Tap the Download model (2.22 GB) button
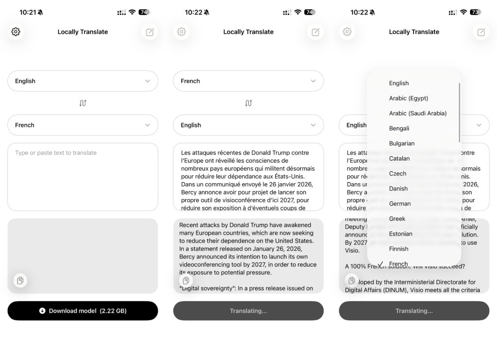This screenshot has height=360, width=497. [83, 311]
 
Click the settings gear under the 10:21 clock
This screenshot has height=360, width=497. [16, 32]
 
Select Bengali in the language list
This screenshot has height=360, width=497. [399, 128]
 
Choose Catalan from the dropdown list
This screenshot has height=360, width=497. [399, 158]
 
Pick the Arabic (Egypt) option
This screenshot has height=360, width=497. [408, 98]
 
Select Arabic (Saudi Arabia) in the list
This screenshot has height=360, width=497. [417, 113]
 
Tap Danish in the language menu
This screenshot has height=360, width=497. [398, 189]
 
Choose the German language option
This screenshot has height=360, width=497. [400, 204]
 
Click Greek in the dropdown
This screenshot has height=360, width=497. [397, 219]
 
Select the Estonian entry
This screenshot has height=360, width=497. [401, 234]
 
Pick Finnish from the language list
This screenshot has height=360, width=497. [398, 249]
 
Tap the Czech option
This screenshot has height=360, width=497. [398, 173]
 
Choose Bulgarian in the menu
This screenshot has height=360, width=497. [402, 143]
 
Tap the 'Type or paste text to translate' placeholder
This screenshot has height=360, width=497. [56, 153]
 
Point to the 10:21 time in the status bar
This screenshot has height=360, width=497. [28, 12]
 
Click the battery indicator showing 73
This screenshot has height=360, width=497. [475, 12]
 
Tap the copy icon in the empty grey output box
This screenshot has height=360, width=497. [20, 280]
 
